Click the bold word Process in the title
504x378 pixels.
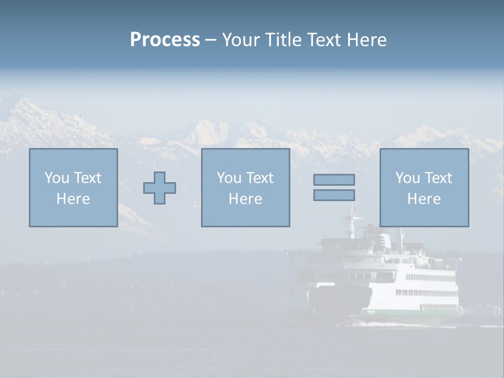[x=165, y=40]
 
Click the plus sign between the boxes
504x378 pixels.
[x=160, y=188]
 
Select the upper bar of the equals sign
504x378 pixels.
[x=334, y=180]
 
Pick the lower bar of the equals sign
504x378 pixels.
[x=334, y=195]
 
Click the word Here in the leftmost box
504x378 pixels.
[x=73, y=199]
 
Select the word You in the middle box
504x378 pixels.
[x=229, y=178]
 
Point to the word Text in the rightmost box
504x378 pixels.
[x=439, y=178]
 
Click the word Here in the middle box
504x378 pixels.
[x=245, y=199]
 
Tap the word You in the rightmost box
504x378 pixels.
[x=407, y=178]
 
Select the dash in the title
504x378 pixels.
[x=211, y=40]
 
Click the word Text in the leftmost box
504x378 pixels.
[x=88, y=178]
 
